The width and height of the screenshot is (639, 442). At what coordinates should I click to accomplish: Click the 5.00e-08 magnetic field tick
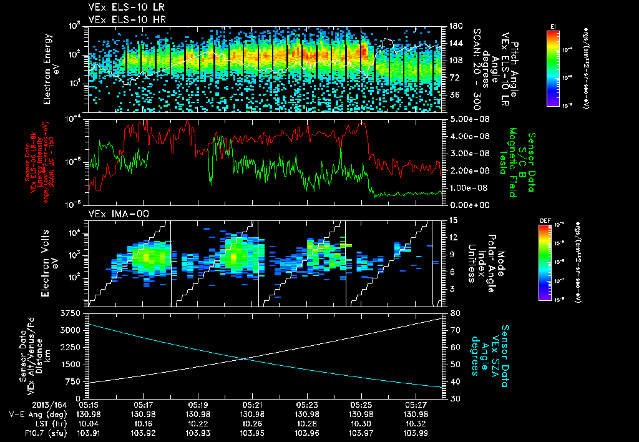[x=465, y=119]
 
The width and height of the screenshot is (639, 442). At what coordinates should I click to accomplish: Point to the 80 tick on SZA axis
[x=452, y=313]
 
